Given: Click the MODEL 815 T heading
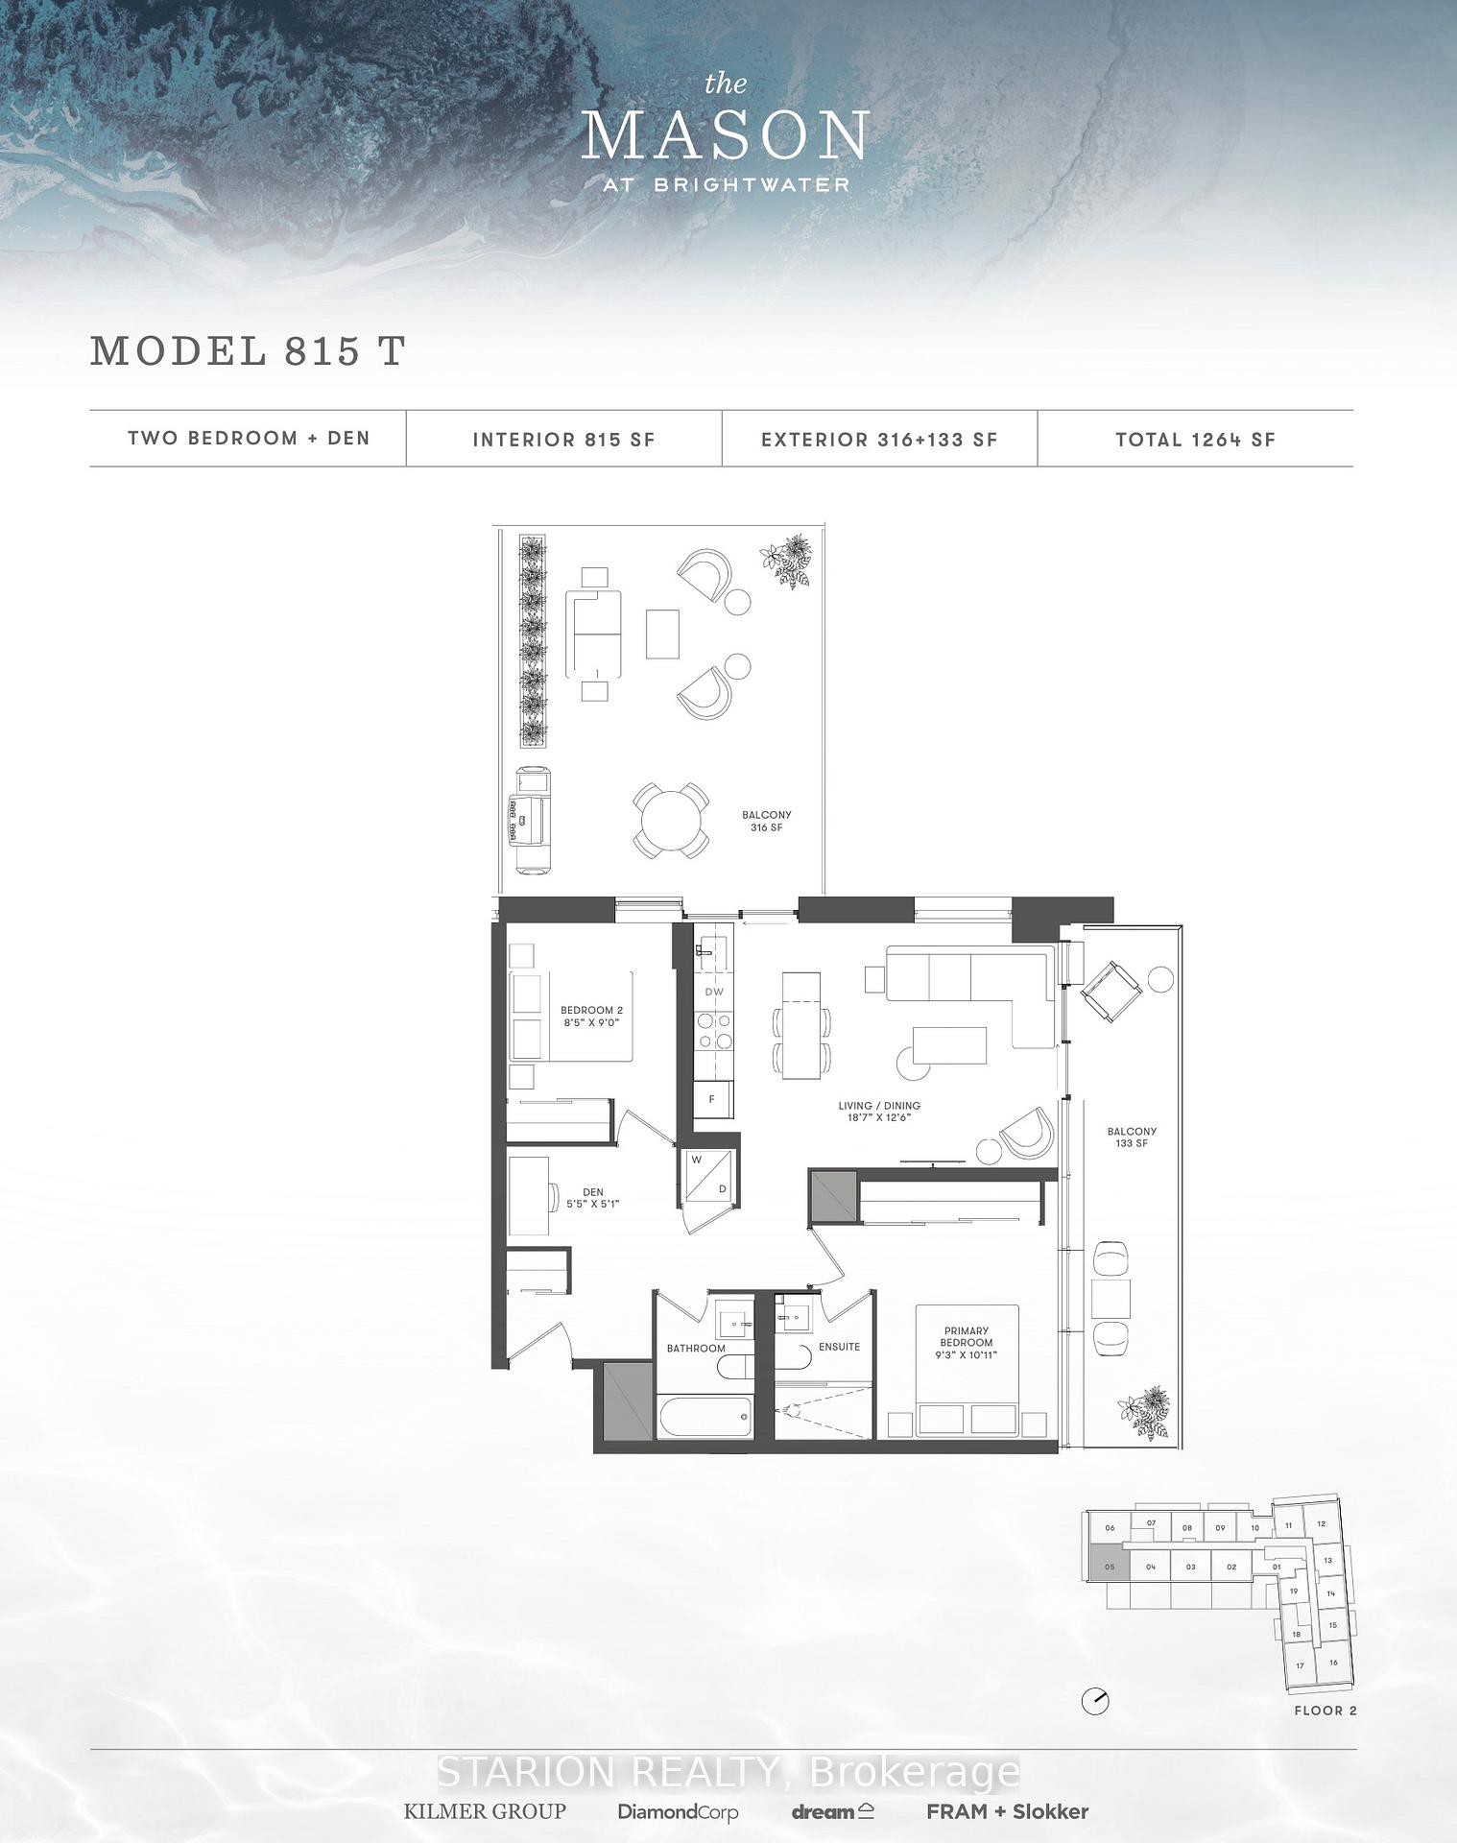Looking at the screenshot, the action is [x=248, y=351].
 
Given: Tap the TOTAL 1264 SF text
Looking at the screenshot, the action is [x=1195, y=440].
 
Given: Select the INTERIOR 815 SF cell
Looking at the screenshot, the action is [x=563, y=440].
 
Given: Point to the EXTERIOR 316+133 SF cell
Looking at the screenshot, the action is [x=879, y=440].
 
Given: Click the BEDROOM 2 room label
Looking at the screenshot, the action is [x=591, y=1016].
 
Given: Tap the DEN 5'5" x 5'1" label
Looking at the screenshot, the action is [x=592, y=1197].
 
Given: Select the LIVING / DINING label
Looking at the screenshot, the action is [x=879, y=1111].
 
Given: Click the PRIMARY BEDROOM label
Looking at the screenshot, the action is [x=966, y=1342].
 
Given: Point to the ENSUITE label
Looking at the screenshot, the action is [x=839, y=1347].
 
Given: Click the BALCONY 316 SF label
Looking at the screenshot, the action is [x=766, y=821].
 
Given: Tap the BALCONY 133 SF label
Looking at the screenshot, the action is [x=1132, y=1137].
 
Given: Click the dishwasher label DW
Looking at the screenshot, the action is [x=714, y=992].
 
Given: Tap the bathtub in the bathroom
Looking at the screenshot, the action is [x=705, y=1418].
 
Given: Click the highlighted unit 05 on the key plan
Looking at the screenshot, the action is [x=1110, y=1567].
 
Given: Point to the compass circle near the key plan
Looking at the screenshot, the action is [x=1095, y=1702].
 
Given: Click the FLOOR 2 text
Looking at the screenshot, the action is [x=1326, y=1711].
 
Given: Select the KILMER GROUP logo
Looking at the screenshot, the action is [x=485, y=1811].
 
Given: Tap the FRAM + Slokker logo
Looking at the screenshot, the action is [x=1007, y=1811].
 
